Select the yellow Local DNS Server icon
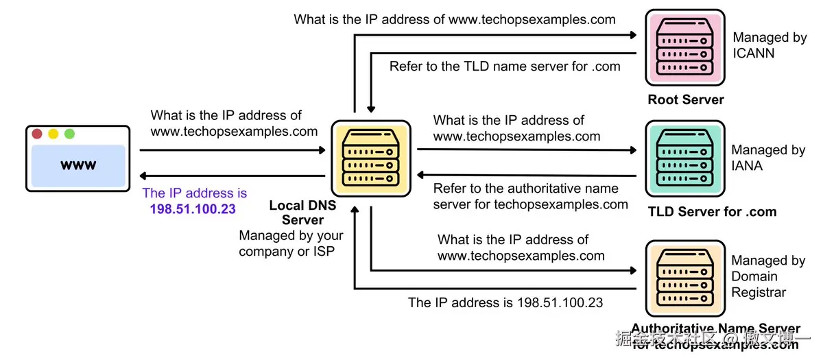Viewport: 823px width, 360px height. tap(371, 158)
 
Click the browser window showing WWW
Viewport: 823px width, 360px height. tap(77, 158)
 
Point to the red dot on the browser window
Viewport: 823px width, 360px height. tap(37, 134)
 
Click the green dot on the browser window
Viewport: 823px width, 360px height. tap(69, 134)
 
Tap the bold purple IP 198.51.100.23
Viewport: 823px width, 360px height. tap(193, 209)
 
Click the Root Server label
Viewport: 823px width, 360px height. tap(685, 99)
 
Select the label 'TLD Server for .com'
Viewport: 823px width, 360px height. tap(712, 211)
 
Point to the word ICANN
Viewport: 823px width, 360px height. tap(754, 53)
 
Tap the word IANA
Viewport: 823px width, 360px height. tap(747, 165)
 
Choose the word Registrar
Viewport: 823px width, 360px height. tap(758, 292)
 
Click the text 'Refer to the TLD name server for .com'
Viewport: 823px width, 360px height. tap(505, 67)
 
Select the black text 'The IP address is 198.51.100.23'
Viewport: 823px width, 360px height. tap(505, 302)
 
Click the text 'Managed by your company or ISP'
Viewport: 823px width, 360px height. tap(291, 243)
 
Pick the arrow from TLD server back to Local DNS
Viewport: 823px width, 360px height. tap(527, 176)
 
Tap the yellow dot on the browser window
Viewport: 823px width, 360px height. tap(53, 134)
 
